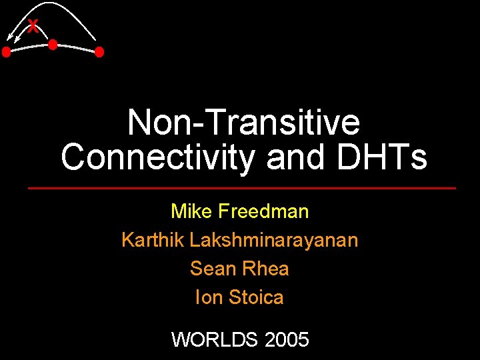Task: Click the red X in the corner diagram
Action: [33, 26]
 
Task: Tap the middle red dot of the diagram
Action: [52, 45]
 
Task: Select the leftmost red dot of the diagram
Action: [6, 51]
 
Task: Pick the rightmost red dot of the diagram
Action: [99, 51]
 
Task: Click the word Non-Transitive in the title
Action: [243, 123]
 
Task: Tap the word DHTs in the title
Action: [381, 157]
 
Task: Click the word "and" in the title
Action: [295, 157]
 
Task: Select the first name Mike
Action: [191, 211]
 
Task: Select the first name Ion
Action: [209, 297]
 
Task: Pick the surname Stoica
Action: [256, 297]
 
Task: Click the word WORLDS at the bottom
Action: [215, 340]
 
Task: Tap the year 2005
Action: [287, 340]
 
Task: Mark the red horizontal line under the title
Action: [241, 189]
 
